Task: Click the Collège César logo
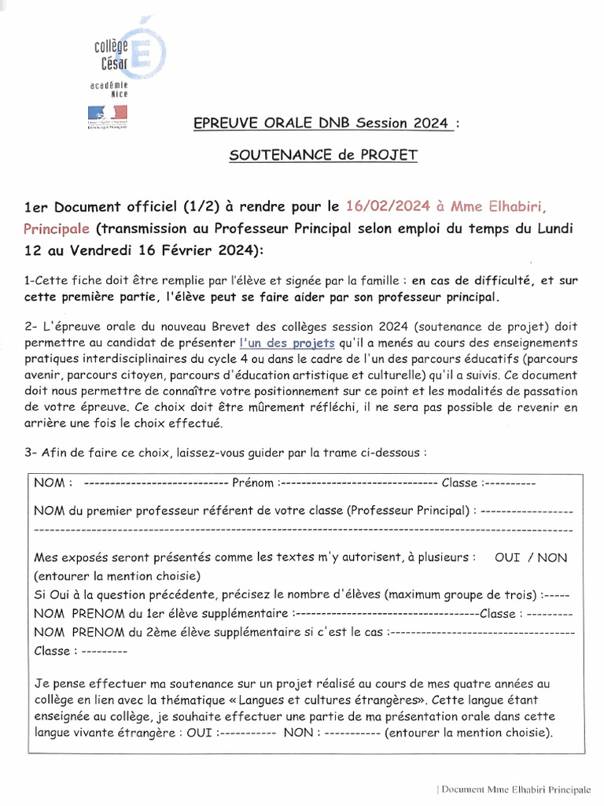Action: point(118,52)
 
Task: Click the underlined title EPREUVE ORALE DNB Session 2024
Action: point(322,123)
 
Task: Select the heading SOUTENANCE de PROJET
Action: point(322,155)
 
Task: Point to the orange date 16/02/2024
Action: point(388,206)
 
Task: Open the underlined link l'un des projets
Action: point(287,344)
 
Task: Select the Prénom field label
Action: point(254,482)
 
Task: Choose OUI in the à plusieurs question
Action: point(507,557)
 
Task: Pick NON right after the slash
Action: point(552,557)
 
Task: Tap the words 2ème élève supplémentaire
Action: point(220,631)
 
